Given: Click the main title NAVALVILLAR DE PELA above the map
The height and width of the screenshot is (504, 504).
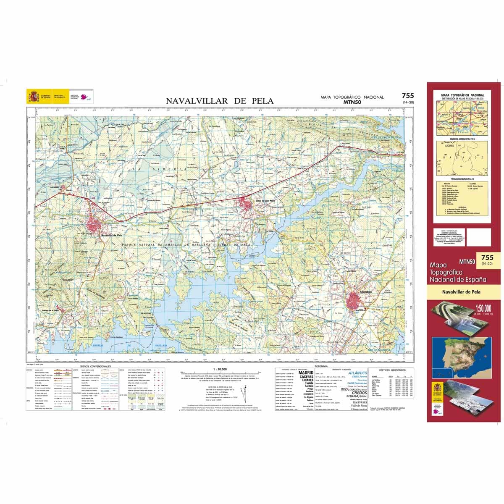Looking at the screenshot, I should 220,101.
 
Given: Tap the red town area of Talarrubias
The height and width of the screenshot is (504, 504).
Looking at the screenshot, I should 356,302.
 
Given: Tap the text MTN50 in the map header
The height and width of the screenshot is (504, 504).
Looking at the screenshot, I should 352,102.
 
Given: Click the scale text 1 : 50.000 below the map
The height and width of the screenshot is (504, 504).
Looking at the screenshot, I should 220,369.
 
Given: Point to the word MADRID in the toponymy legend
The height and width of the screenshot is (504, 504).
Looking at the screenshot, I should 305,373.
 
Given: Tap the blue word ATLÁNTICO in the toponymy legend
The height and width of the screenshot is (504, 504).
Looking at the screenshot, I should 355,373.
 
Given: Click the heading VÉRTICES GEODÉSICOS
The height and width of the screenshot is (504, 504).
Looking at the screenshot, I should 392,370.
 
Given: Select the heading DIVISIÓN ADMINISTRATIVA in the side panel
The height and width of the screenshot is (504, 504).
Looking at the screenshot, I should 462,138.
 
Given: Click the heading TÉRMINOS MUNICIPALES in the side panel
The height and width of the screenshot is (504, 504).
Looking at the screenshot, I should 462,179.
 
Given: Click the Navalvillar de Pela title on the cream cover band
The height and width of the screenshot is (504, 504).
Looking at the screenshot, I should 461,291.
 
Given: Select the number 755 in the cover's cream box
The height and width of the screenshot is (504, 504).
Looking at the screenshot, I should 487,257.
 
